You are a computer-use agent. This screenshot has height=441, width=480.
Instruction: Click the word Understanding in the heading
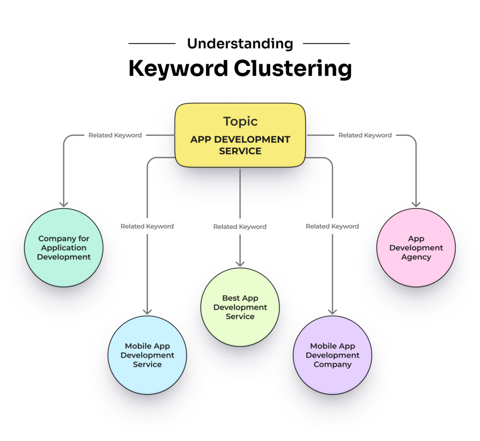tap(240, 44)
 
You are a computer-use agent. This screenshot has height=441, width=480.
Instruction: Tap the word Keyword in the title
tap(178, 69)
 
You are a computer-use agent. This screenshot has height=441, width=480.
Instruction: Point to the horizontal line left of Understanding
tap(152, 44)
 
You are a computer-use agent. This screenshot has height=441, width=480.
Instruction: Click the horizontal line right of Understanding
tap(326, 44)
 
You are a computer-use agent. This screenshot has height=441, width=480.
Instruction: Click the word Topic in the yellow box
tap(240, 121)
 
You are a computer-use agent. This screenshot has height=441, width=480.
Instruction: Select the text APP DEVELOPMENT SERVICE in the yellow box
tap(240, 145)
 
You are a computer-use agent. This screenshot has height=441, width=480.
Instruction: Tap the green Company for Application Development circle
tap(64, 248)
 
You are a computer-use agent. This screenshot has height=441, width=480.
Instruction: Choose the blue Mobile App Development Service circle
tap(147, 355)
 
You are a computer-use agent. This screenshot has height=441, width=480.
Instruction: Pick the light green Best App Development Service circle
tap(240, 307)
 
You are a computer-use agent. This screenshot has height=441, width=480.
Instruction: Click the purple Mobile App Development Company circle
tap(332, 355)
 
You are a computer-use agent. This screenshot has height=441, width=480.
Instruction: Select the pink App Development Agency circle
tap(416, 248)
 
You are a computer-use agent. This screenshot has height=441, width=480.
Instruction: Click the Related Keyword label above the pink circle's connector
tap(365, 135)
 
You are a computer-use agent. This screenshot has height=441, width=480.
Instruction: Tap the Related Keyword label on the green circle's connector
tap(115, 135)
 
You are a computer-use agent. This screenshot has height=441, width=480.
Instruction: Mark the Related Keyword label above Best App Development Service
tap(240, 227)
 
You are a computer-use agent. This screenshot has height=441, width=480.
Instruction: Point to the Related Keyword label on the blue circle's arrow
tap(147, 226)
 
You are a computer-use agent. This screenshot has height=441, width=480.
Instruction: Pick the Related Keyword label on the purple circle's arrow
tap(332, 226)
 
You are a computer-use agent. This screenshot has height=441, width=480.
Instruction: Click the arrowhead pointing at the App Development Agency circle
tap(416, 204)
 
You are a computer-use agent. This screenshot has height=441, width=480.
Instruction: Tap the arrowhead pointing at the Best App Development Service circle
tap(240, 264)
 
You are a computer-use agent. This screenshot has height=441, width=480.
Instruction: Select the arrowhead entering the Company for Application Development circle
tap(64, 204)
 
